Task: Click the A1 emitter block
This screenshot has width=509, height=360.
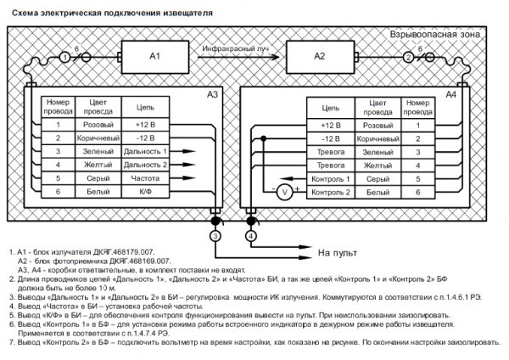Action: pyautogui.click(x=154, y=57)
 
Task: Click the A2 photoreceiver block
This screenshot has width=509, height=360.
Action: pyautogui.click(x=319, y=57)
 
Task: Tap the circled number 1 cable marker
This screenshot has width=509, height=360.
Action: pyautogui.click(x=64, y=57)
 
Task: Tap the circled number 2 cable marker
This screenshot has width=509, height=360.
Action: pyautogui.click(x=408, y=57)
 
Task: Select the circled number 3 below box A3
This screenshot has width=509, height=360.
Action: pyautogui.click(x=216, y=235)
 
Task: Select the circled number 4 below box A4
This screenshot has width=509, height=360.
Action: pyautogui.click(x=251, y=235)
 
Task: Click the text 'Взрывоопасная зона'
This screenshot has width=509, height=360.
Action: pyautogui.click(x=433, y=36)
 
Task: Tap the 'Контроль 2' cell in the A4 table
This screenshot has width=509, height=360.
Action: pyautogui.click(x=330, y=194)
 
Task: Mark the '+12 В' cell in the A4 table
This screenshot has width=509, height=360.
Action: pyautogui.click(x=330, y=124)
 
